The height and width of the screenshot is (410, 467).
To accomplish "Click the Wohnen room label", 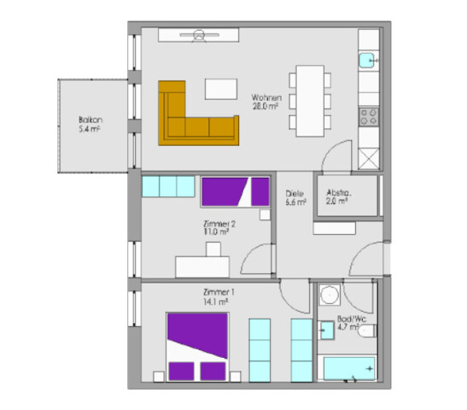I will (x=266, y=98).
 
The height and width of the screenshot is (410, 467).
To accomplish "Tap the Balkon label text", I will (x=90, y=120).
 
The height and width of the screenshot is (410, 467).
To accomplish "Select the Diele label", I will (x=294, y=194).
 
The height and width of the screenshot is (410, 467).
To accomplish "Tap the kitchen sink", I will (x=368, y=61).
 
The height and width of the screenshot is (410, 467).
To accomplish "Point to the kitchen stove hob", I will (x=369, y=114).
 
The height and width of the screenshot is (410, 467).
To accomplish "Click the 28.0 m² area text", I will (x=266, y=108).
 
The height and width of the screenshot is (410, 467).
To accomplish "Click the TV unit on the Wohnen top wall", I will (x=199, y=35).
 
